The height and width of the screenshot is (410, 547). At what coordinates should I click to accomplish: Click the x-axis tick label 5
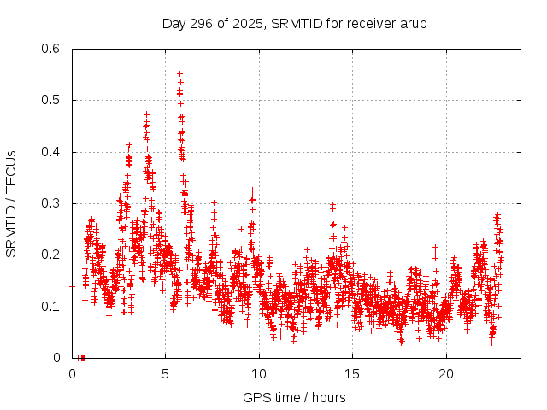coord(166,373)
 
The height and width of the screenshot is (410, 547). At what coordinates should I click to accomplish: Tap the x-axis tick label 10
coord(259,373)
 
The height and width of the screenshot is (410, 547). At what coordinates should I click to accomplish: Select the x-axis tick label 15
coord(352,373)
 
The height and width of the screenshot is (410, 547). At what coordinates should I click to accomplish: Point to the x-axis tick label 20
coord(446,373)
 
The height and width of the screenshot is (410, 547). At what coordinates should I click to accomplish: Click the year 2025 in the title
coord(248,23)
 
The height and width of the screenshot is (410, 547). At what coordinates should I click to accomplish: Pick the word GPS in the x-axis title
coord(256,397)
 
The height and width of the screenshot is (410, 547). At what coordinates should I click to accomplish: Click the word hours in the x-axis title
coord(328,397)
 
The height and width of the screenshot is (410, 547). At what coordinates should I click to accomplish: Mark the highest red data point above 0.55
coord(179,73)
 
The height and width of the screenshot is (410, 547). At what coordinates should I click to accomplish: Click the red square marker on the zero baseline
coord(83,358)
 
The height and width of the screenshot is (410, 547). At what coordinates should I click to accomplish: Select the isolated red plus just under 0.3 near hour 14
coord(332,206)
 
